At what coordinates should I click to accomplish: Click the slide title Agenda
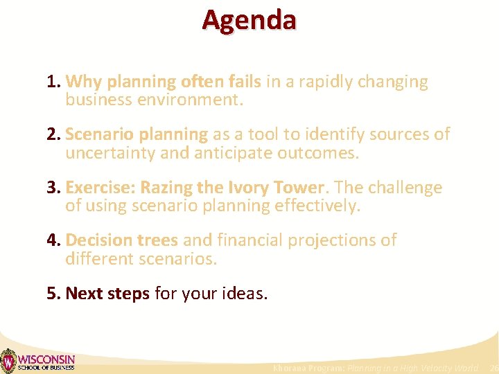tap(249, 19)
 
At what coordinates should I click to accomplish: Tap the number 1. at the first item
tap(54, 82)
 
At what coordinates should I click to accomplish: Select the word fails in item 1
tap(241, 82)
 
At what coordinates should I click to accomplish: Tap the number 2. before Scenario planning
tap(54, 134)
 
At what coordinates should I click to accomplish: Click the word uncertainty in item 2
tap(110, 152)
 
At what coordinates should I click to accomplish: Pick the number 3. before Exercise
tap(54, 188)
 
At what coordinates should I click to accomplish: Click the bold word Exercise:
tap(100, 188)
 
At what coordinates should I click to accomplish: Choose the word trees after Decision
tap(157, 240)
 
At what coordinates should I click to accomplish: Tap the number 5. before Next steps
tap(54, 294)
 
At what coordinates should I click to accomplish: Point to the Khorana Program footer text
tap(375, 368)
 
